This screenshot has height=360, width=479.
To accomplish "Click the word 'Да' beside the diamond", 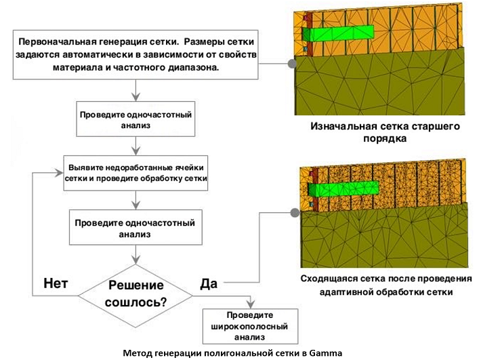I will [x=209, y=283].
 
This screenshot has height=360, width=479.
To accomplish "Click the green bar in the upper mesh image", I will [x=339, y=32].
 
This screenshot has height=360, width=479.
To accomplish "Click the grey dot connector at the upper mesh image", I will [x=293, y=63].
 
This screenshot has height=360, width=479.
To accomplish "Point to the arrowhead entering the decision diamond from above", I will [x=138, y=260].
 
